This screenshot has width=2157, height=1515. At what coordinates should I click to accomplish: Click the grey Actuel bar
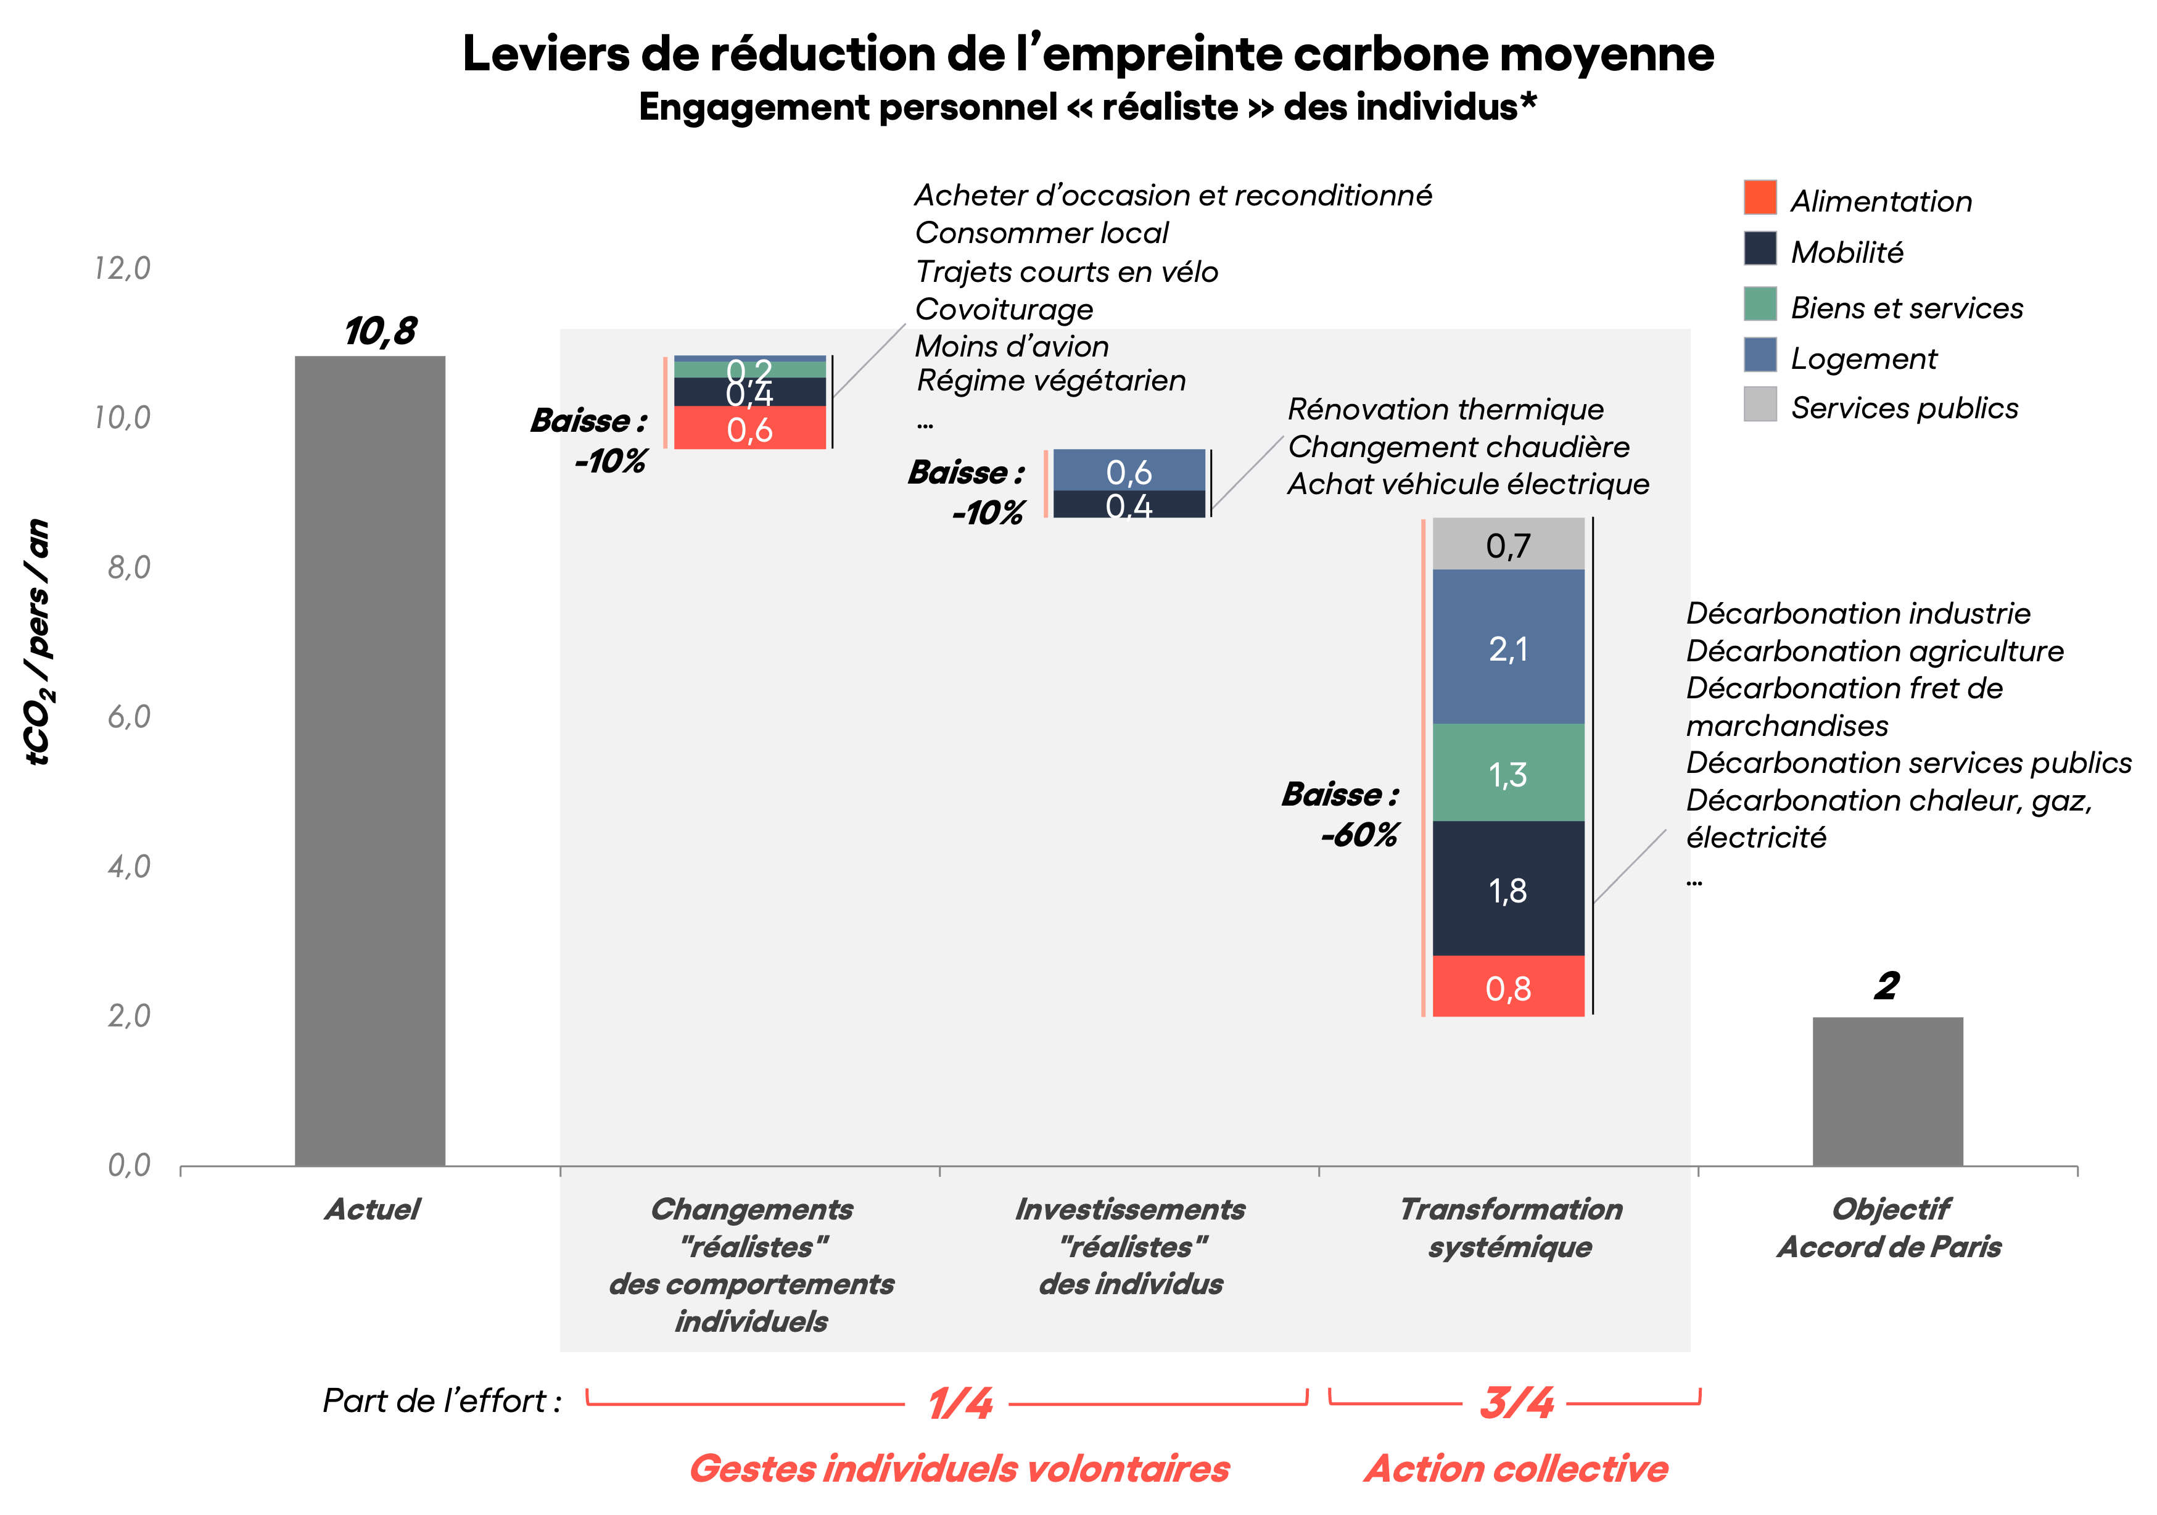[369, 761]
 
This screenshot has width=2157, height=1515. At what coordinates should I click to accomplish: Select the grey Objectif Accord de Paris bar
[1887, 1091]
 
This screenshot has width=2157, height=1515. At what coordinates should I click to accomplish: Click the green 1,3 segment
[1508, 773]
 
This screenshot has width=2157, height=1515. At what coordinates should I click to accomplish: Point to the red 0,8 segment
[1508, 987]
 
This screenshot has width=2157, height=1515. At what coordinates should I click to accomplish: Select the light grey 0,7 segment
[1508, 544]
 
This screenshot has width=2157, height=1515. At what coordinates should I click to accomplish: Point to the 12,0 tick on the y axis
[122, 268]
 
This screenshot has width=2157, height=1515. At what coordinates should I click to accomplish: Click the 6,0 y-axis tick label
[129, 717]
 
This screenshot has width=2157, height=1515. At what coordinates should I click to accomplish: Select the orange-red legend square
[1760, 197]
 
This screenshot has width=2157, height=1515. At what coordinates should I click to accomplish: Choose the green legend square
[1760, 303]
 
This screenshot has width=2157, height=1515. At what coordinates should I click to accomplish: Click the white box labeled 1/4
[956, 1402]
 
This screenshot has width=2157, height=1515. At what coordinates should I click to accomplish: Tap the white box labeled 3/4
[1514, 1402]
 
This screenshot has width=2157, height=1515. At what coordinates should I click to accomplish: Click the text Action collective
[1516, 1468]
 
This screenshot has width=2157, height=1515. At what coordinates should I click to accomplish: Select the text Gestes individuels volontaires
[959, 1468]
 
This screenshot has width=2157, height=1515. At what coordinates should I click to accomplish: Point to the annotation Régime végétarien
[1050, 381]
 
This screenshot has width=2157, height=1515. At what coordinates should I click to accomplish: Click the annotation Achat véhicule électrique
[1467, 484]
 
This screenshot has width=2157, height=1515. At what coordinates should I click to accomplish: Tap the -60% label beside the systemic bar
[1358, 834]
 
